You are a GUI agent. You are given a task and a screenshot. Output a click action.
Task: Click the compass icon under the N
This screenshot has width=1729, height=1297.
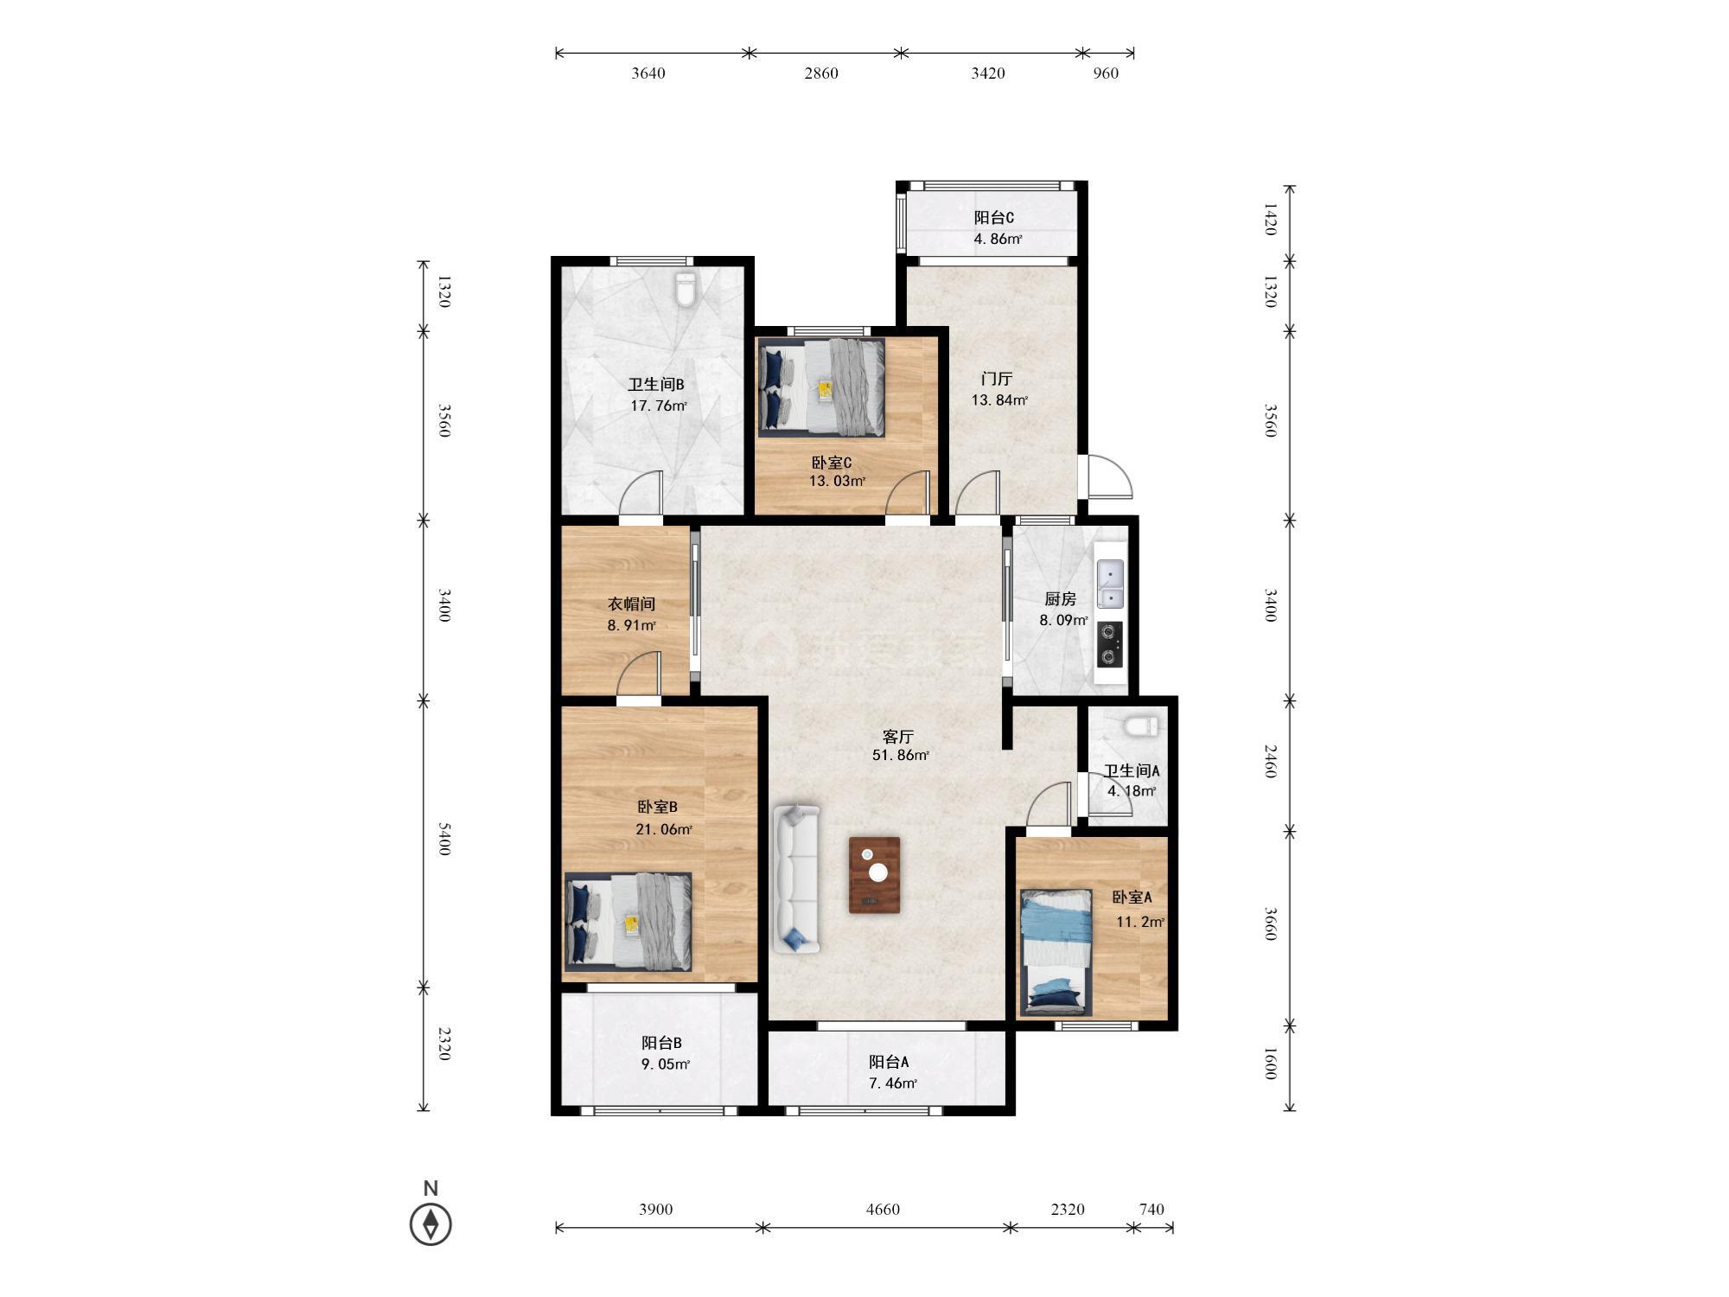[x=431, y=1224]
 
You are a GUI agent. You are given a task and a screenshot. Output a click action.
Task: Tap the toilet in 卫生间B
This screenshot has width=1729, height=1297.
[x=686, y=290]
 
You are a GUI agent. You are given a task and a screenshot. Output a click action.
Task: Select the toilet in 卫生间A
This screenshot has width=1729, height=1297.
[x=1142, y=725]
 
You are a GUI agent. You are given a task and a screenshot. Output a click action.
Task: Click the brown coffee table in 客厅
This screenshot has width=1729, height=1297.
[x=874, y=875]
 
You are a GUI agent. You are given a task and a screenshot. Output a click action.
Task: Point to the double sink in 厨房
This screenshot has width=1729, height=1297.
[x=1110, y=584]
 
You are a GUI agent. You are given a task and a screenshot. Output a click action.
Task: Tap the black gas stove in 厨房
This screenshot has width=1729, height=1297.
[x=1110, y=644]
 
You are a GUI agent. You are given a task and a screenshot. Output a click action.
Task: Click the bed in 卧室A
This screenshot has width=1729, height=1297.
[x=1056, y=952]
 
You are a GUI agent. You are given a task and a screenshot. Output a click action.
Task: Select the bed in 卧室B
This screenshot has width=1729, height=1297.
[x=628, y=921]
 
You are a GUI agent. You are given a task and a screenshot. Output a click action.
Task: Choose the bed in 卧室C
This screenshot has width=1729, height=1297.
[x=822, y=387]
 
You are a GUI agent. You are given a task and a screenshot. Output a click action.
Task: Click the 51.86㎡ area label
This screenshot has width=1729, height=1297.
[x=901, y=755]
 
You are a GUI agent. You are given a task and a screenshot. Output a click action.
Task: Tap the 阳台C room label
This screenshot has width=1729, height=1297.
[x=994, y=218]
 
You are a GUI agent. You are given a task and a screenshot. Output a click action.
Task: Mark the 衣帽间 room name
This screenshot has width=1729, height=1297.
[x=631, y=604]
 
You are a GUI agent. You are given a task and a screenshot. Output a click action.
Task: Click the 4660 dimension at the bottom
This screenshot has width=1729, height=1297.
[x=883, y=1209]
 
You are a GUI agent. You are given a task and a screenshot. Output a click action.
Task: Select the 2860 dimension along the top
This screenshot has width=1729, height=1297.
[x=821, y=73]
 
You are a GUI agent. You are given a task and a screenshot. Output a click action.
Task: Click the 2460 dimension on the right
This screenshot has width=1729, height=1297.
[x=1270, y=761]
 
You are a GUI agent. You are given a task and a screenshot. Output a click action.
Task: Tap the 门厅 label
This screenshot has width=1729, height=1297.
[x=997, y=379]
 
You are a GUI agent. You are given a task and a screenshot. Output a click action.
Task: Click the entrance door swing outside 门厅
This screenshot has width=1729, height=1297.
[x=1109, y=476]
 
